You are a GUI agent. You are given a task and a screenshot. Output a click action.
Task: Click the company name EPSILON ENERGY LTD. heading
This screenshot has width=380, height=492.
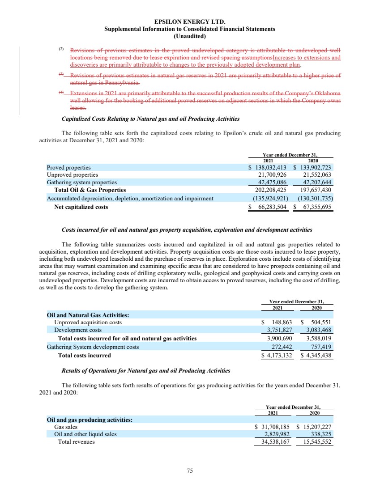tap(190, 21)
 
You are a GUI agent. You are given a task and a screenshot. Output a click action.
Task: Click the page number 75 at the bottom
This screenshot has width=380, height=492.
tap(190, 470)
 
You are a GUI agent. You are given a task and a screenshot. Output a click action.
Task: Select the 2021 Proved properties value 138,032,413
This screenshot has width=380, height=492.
tap(271, 167)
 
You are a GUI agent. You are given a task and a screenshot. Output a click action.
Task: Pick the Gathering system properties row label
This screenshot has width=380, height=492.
tap(82, 182)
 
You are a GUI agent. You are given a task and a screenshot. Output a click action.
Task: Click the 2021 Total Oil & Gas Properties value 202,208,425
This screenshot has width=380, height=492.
tap(270, 190)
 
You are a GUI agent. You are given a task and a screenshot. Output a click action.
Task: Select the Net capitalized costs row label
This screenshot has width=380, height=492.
tap(81, 207)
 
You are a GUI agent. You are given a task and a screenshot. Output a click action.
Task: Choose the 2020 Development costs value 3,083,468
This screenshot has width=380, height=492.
tap(316, 330)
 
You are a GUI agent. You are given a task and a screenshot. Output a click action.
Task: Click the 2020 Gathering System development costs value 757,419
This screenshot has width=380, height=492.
tap(318, 347)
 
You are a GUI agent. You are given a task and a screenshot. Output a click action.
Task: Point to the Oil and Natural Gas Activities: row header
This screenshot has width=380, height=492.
tap(88, 314)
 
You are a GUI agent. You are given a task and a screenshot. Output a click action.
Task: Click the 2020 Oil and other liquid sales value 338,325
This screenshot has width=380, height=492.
tap(319, 434)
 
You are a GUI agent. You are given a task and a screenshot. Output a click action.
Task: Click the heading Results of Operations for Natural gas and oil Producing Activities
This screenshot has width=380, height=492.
tap(145, 370)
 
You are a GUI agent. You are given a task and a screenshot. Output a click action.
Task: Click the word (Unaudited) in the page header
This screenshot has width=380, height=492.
tap(190, 36)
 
